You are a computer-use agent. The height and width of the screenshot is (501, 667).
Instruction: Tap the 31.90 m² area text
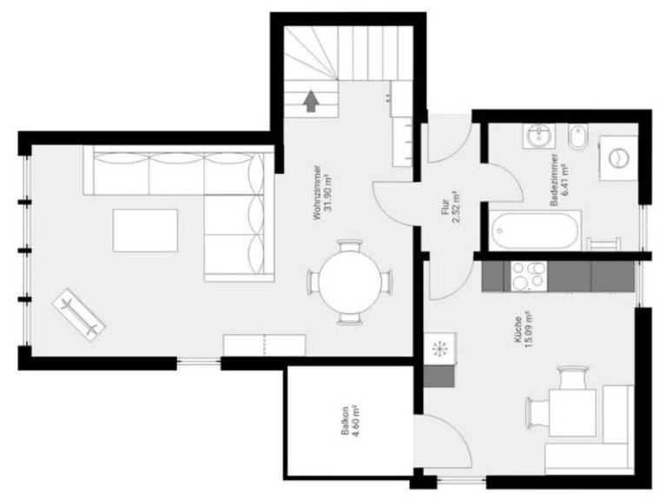(x=328, y=192)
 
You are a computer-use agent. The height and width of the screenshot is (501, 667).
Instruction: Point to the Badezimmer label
(x=553, y=179)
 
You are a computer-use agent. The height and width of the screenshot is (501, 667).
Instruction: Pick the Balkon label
(x=346, y=420)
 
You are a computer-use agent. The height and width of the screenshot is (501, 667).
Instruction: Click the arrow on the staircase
(x=312, y=101)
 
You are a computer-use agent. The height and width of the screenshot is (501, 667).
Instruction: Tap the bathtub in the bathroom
(x=535, y=230)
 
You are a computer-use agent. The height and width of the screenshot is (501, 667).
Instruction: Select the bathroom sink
(x=539, y=137)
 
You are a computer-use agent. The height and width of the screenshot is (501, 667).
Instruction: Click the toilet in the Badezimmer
(x=578, y=137)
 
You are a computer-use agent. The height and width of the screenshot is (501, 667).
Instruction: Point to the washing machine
(x=618, y=158)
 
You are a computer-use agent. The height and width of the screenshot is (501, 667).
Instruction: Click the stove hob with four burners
(x=525, y=276)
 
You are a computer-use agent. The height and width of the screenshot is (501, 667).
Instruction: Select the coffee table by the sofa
(x=146, y=230)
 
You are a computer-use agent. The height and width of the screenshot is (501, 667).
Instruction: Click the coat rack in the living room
(x=79, y=314)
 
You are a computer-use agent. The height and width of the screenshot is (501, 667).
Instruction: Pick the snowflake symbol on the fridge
(x=438, y=350)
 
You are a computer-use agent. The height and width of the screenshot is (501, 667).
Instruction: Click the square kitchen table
(x=572, y=412)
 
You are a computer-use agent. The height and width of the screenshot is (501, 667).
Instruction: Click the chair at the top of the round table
(x=350, y=246)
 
